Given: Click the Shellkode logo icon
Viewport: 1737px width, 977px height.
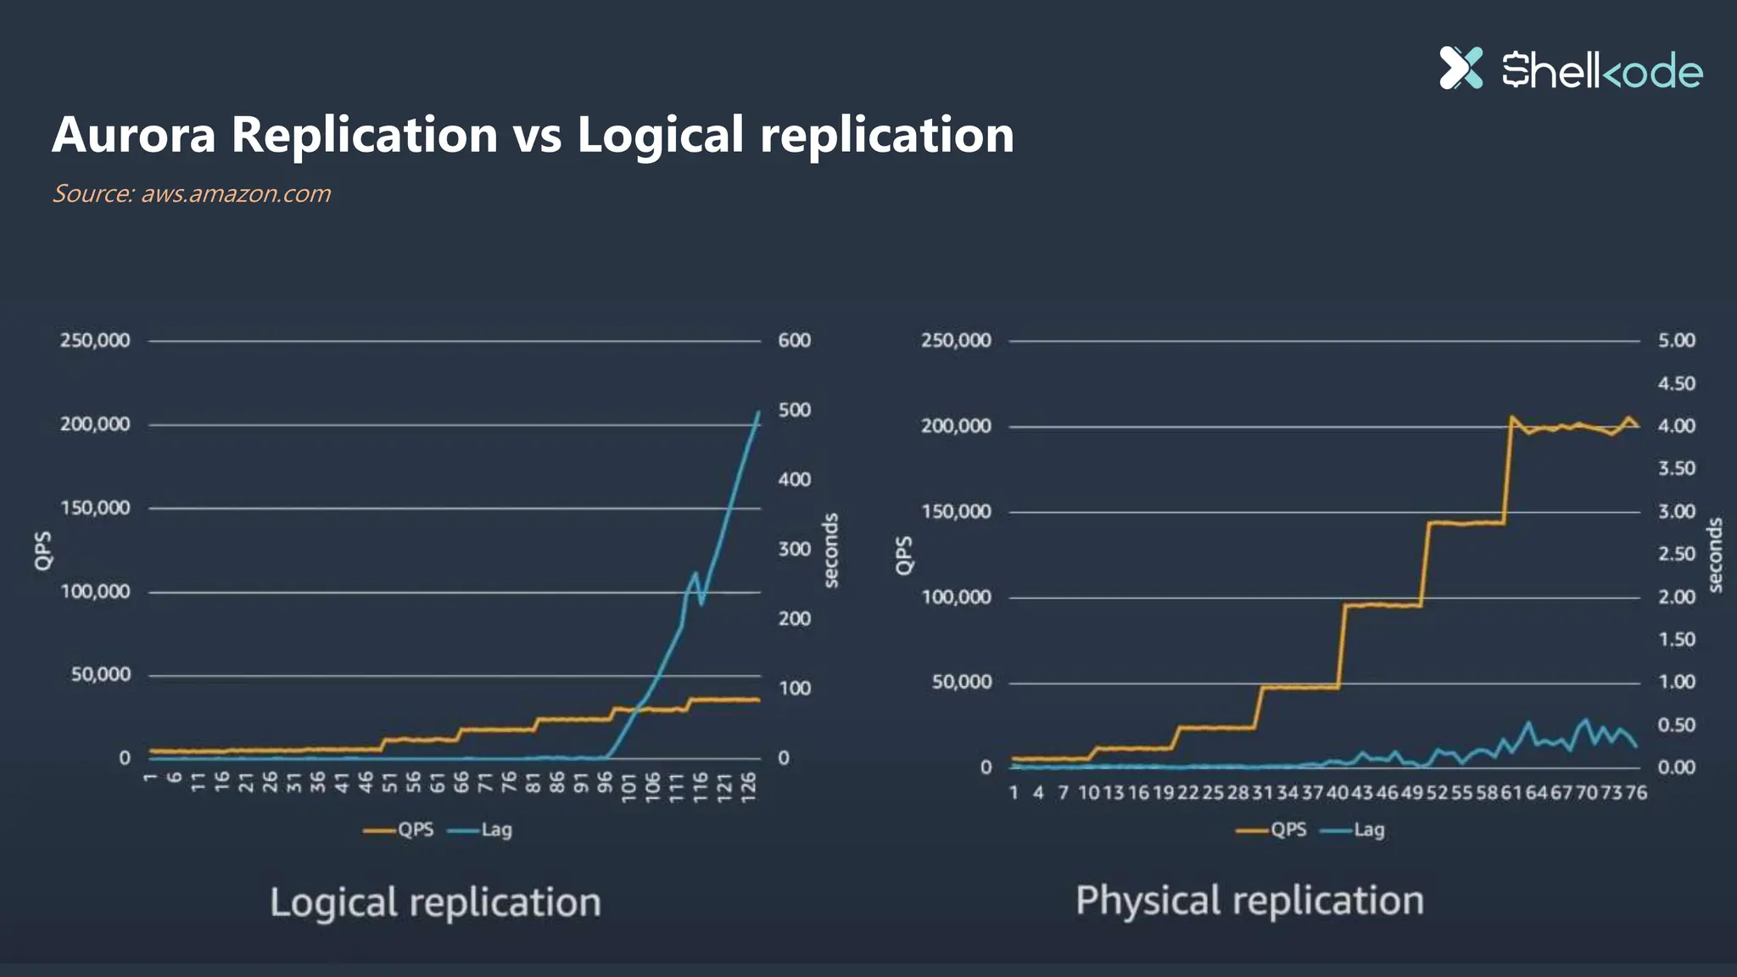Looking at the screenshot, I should click(x=1461, y=68).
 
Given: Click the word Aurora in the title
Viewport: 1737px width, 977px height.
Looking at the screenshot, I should click(x=134, y=135).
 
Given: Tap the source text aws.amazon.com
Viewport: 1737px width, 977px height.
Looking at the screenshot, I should click(x=235, y=193).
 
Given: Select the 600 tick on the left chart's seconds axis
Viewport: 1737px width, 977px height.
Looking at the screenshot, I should click(x=794, y=340).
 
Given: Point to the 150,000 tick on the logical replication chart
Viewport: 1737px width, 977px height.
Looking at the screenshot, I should click(x=95, y=508).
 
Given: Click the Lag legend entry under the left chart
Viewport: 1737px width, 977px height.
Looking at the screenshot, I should click(x=496, y=829).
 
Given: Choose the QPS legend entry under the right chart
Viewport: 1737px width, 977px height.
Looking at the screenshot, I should click(x=1287, y=829).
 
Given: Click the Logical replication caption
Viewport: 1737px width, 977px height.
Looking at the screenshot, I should click(x=435, y=902).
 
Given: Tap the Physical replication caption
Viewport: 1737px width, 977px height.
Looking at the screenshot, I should click(x=1249, y=900).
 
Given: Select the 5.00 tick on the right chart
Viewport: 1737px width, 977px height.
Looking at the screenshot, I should click(x=1676, y=340).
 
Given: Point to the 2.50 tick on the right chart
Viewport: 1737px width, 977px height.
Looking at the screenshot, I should click(x=1676, y=554).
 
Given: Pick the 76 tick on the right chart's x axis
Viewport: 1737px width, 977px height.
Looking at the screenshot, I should click(x=1636, y=792).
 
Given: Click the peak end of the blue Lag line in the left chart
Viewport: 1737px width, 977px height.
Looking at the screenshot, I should click(x=758, y=412).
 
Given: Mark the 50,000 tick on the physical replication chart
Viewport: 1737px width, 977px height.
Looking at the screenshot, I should click(x=961, y=682).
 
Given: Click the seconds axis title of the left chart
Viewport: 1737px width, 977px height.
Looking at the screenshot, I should click(x=831, y=550).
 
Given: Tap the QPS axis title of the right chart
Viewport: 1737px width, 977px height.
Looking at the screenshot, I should click(x=904, y=555).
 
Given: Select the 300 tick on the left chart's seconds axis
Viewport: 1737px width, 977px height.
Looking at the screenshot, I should click(x=794, y=549).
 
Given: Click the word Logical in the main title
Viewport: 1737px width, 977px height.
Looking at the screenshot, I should click(x=660, y=135).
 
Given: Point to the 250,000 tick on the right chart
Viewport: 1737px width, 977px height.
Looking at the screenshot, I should click(x=956, y=340).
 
